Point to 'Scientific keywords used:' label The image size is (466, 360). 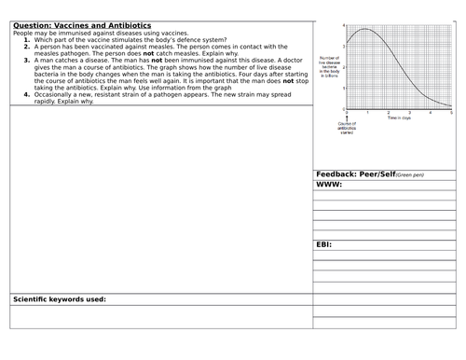pos(59,298)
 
